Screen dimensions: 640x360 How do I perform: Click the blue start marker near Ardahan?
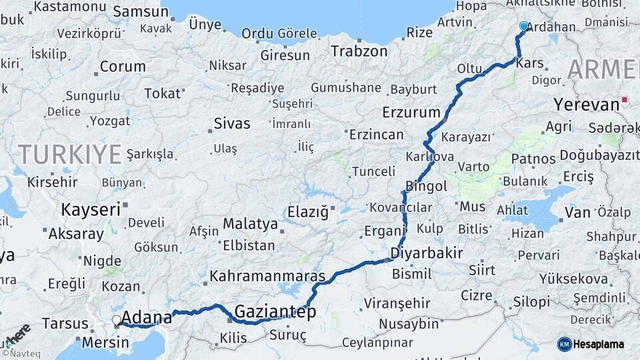pyautogui.click(x=523, y=27)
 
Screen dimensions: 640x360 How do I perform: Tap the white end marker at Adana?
pyautogui.click(x=117, y=321)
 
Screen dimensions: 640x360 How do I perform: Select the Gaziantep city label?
pyautogui.click(x=275, y=312)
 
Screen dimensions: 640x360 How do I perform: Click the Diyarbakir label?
pyautogui.click(x=427, y=253)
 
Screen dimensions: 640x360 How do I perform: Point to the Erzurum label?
pyautogui.click(x=411, y=111)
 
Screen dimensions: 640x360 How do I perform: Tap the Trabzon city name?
pyautogui.click(x=359, y=51)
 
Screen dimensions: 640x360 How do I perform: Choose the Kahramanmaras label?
pyautogui.click(x=267, y=276)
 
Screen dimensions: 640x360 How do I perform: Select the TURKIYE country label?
pyautogui.click(x=70, y=155)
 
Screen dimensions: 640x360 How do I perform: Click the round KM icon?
pyautogui.click(x=564, y=344)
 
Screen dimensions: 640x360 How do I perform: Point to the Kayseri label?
pyautogui.click(x=91, y=209)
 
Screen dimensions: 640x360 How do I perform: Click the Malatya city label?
pyautogui.click(x=250, y=224)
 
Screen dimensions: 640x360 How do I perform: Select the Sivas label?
pyautogui.click(x=232, y=123)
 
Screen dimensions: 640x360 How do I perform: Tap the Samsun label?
pyautogui.click(x=141, y=11)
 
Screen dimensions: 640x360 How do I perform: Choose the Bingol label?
pyautogui.click(x=426, y=186)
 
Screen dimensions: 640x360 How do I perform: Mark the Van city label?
pyautogui.click(x=577, y=213)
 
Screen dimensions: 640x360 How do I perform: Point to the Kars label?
pyautogui.click(x=530, y=64)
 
